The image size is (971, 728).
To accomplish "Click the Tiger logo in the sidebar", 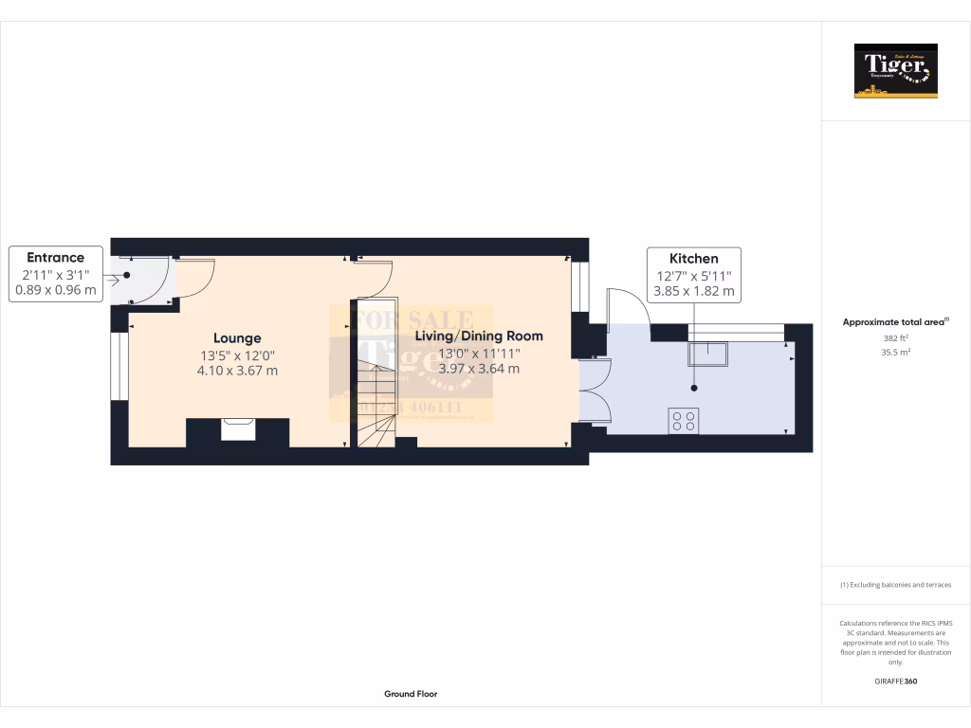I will [895, 71].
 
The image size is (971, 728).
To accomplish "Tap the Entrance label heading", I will [55, 257].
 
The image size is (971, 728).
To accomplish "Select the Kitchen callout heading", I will [694, 258].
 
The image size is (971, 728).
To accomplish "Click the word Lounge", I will [237, 337].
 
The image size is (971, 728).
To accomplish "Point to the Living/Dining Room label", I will [479, 336].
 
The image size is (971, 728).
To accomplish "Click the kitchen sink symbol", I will [707, 352].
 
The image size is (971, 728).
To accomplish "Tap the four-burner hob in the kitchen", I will [684, 420].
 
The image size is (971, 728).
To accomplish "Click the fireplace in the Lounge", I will [238, 430].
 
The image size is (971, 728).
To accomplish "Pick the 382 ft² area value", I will [895, 337].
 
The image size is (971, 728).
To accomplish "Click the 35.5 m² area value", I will [895, 352].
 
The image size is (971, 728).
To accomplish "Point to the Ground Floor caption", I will [411, 694].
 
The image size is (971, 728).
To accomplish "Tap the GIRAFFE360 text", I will [895, 682].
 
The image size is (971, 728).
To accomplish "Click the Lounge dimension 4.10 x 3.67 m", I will [238, 370].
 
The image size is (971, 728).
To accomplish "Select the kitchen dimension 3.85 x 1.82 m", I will [694, 291].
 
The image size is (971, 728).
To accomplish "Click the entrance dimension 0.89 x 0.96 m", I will [55, 291].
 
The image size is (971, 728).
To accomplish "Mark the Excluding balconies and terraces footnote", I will [895, 585].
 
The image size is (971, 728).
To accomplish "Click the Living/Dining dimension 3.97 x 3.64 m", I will [480, 368].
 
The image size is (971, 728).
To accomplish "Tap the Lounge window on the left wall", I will [120, 366].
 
